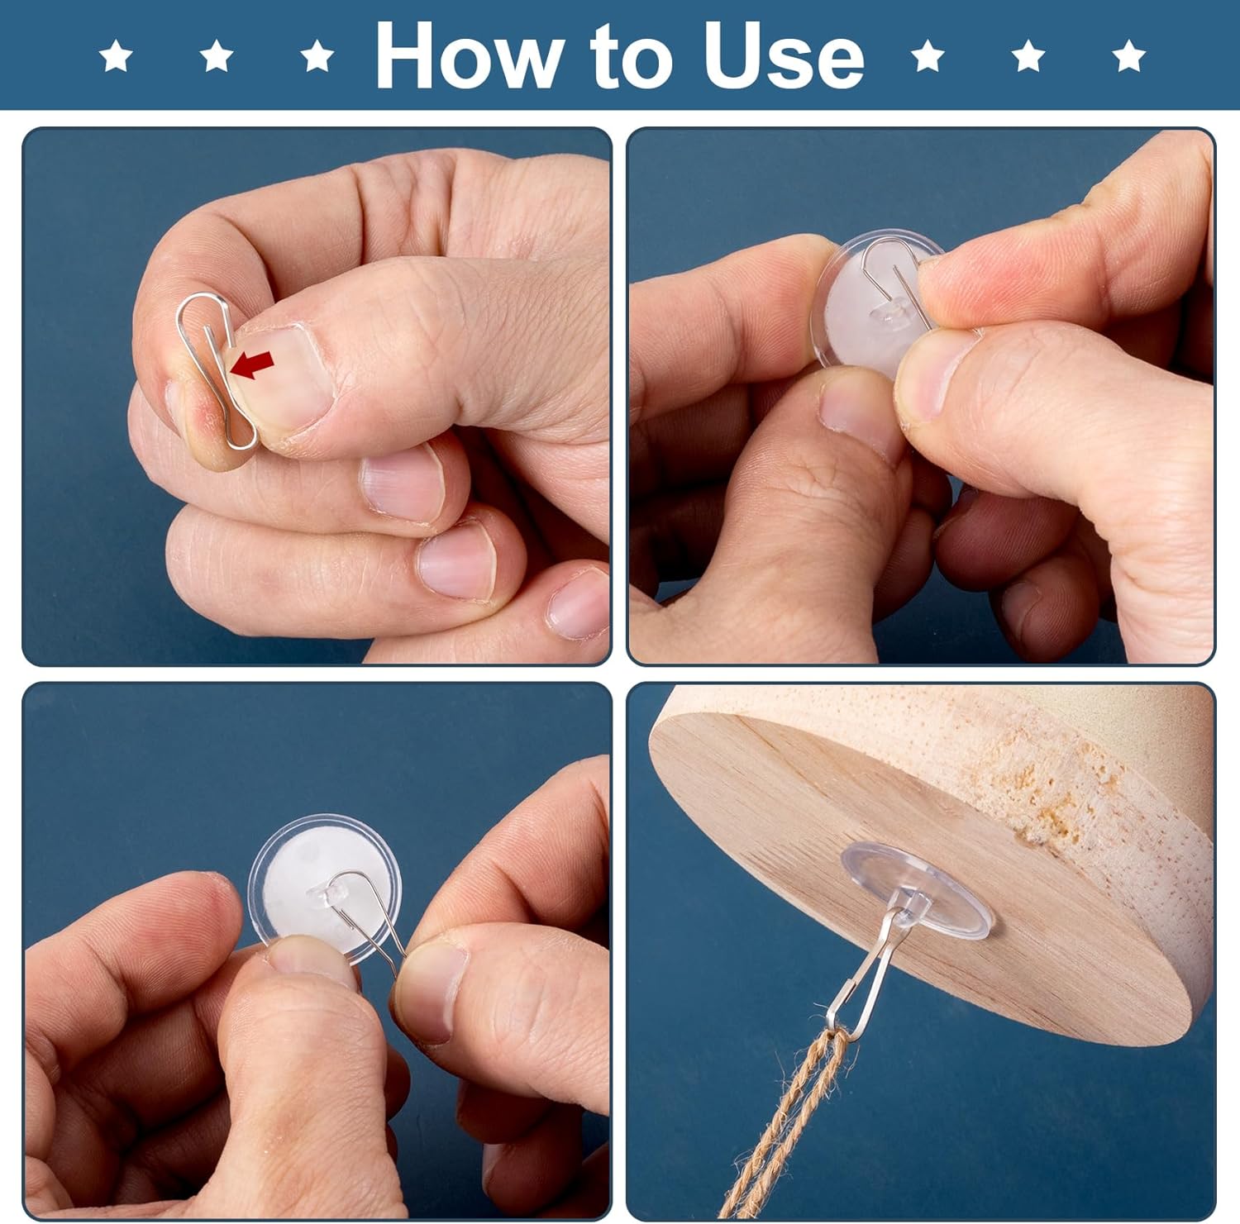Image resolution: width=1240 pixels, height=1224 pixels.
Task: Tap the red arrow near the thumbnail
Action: click(x=253, y=364)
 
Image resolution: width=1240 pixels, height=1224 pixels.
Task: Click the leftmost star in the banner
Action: click(x=116, y=57)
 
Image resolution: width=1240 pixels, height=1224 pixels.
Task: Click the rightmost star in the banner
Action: click(x=1128, y=57)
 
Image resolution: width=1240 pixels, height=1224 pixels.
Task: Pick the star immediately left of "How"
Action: click(x=317, y=57)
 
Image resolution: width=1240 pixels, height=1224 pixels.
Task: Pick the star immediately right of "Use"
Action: click(x=928, y=57)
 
